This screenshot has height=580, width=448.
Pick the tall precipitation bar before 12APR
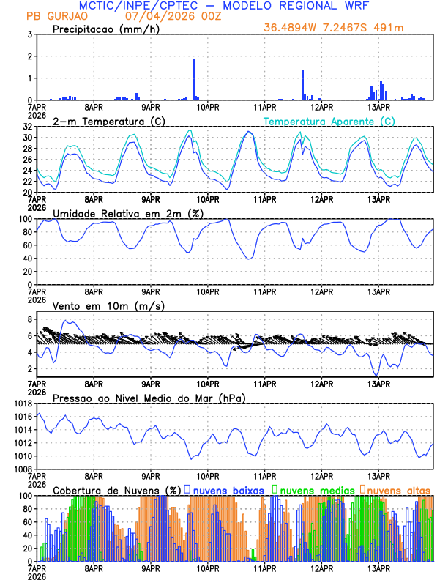pyautogui.click(x=302, y=85)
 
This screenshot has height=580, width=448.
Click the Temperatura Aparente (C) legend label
pyautogui.click(x=329, y=121)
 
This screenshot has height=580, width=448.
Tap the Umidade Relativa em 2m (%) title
pyautogui.click(x=127, y=213)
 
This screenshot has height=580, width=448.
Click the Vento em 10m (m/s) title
pyautogui.click(x=108, y=305)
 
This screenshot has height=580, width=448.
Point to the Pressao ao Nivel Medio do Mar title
pyautogui.click(x=149, y=398)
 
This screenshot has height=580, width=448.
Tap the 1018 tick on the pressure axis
pyautogui.click(x=23, y=404)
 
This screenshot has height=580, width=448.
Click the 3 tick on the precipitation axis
pyautogui.click(x=29, y=34)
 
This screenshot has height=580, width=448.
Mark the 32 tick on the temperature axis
pyautogui.click(x=27, y=127)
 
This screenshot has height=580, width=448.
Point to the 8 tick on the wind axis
pyautogui.click(x=29, y=319)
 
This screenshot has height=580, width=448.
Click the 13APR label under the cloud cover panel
pyautogui.click(x=378, y=568)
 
